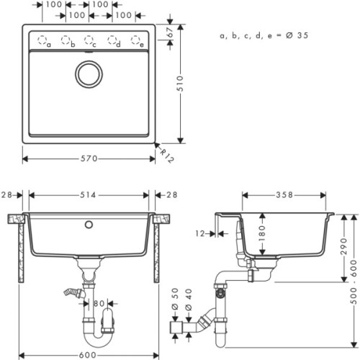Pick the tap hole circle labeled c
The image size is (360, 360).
(x=90, y=40)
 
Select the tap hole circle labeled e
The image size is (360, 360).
(x=136, y=40)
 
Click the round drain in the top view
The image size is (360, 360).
(x=90, y=73)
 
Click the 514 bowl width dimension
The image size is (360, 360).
(x=90, y=195)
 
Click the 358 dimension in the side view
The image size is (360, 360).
(x=287, y=195)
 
